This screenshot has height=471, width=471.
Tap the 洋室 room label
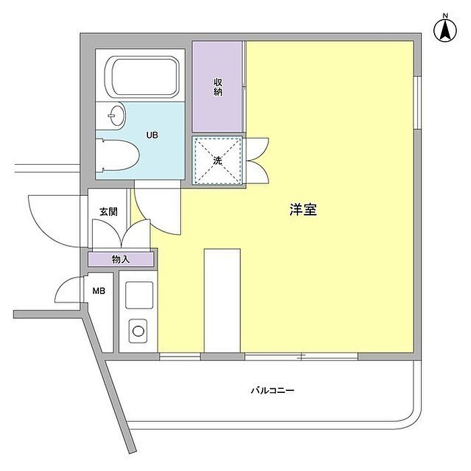coord(303,210)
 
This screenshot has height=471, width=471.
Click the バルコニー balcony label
coord(273,390)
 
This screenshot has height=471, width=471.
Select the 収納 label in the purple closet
coord(218,87)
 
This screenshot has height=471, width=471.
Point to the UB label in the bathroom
coord(153,135)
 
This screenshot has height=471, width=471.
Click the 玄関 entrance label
coord(108,211)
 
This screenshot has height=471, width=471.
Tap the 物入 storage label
coord(120,258)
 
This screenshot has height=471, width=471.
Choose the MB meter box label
coord(98,291)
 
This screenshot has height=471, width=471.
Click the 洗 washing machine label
coord(217,161)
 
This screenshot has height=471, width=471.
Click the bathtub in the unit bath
coord(144,77)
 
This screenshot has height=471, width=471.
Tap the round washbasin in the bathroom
coord(115,116)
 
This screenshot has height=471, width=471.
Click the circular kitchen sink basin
coord(138,330)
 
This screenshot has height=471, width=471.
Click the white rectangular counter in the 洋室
coord(222,299)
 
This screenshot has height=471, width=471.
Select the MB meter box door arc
coord(69,290)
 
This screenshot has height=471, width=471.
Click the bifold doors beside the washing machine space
coord(257,160)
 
